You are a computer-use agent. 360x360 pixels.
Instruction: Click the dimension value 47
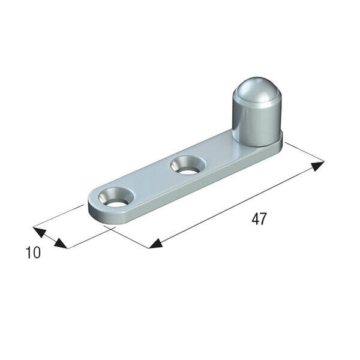259,219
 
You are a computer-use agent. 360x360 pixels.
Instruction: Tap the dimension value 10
33,253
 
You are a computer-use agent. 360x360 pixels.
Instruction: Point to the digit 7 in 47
263,219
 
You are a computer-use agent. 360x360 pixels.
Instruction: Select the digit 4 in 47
255,219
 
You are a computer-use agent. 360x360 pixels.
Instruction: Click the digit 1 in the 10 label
29,253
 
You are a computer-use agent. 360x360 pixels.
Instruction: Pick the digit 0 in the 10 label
37,253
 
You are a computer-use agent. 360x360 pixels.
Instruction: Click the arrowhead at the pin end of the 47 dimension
317,166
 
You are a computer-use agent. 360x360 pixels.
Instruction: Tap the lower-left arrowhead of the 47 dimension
155,244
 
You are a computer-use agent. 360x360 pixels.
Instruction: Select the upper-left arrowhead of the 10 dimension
40,232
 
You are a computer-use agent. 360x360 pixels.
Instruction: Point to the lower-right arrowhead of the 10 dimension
61,244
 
